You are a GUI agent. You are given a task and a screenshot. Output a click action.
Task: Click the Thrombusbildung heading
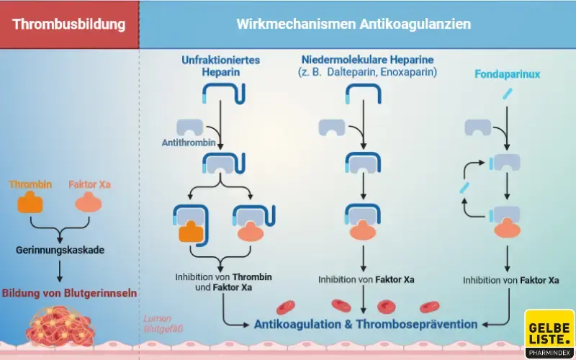click(69, 24)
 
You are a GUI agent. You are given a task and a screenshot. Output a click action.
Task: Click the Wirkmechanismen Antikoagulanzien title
click(354, 24)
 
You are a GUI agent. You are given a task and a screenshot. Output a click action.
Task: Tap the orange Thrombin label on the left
click(30, 184)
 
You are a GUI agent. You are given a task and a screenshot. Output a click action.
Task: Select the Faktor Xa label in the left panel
click(89, 184)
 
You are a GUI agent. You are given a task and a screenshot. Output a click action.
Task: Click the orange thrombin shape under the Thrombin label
click(30, 203)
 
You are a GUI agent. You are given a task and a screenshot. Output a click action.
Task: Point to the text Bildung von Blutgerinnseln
click(69, 294)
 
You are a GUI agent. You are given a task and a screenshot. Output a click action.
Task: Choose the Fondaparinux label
click(508, 74)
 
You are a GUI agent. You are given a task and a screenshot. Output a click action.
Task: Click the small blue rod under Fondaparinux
click(509, 93)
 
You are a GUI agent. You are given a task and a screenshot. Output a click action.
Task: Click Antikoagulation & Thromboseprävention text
click(366, 324)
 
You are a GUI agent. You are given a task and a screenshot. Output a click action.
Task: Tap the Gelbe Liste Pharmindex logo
click(549, 333)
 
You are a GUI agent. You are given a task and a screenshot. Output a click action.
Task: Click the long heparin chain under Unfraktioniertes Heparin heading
click(224, 92)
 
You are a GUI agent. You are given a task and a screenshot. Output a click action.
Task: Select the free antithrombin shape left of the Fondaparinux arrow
click(478, 127)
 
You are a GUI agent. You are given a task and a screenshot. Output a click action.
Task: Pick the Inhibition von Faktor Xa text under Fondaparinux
click(511, 281)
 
